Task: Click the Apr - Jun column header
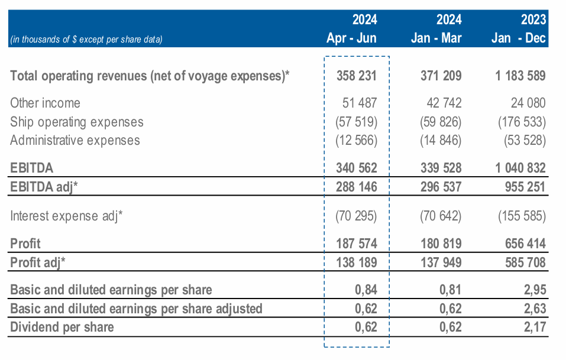click(351, 39)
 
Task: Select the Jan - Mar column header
click(436, 39)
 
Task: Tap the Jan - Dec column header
click(519, 39)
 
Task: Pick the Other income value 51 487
click(360, 103)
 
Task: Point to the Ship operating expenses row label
click(77, 122)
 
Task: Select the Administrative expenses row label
click(75, 140)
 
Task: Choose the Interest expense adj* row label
click(67, 215)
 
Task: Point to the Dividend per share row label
click(62, 327)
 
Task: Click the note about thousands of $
click(86, 40)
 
